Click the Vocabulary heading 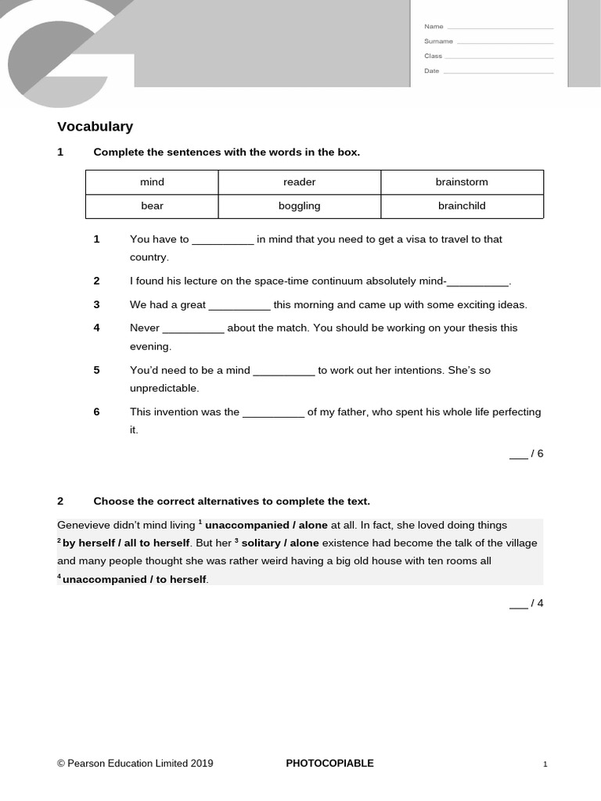click(95, 127)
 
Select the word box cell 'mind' click(152, 182)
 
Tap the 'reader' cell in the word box click(299, 182)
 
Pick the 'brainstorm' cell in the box click(462, 182)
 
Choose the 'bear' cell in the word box click(152, 207)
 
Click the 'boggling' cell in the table click(299, 207)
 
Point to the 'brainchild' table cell click(462, 207)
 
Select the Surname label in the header click(438, 41)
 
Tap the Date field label click(431, 71)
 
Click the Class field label click(433, 56)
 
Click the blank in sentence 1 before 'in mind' click(223, 240)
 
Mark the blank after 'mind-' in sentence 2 click(477, 282)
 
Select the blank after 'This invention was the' click(273, 412)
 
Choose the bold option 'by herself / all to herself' click(126, 543)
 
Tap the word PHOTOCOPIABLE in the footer click(329, 763)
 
